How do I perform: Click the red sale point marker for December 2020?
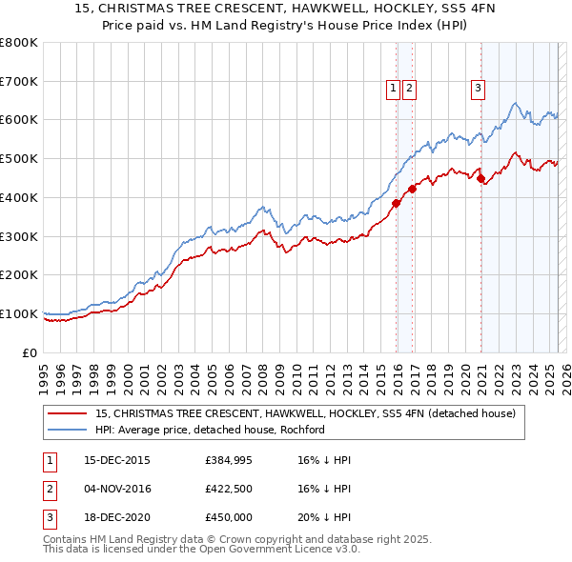pos(481,178)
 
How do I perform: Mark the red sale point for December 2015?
pos(397,203)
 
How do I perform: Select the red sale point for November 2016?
pos(412,189)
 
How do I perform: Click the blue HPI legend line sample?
pos(68,430)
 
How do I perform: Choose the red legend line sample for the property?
pos(68,413)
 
